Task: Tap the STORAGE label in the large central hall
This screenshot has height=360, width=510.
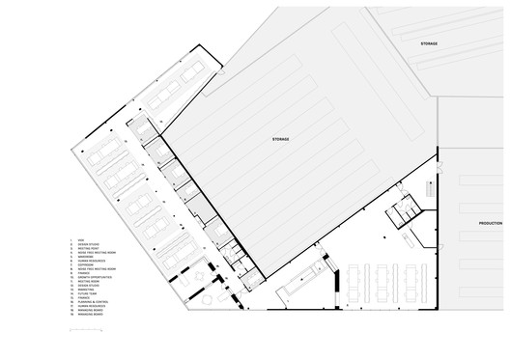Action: click(x=280, y=140)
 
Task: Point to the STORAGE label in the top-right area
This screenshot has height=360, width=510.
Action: click(x=429, y=45)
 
